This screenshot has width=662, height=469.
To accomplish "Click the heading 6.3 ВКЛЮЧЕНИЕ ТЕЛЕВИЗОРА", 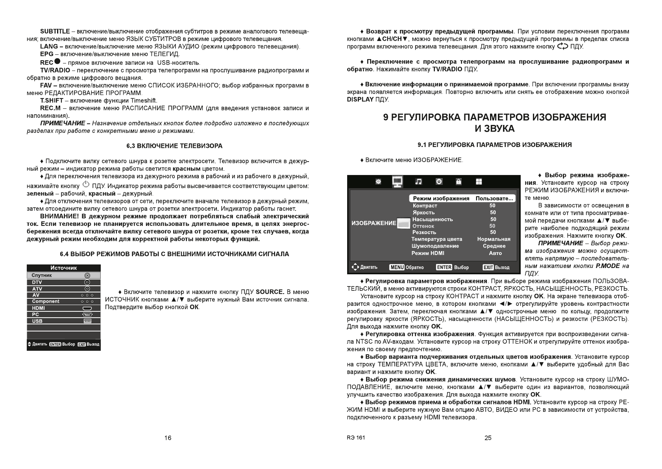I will point(174,146).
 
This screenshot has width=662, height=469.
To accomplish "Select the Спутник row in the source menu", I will point(64,275).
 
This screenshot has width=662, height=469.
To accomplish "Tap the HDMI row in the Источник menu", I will point(64,308).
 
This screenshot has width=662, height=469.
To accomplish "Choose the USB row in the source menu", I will point(64,321).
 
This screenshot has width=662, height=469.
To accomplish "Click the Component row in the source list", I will point(64,301).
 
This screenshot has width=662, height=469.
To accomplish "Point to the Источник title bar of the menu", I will point(64,268).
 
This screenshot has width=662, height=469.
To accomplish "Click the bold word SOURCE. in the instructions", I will point(270,292).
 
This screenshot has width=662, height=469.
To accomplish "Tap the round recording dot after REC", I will point(57,62).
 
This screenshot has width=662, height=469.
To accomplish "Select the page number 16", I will point(168,438).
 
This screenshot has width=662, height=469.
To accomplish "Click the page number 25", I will point(488,438).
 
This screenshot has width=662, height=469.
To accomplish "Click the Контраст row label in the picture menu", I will point(425,206).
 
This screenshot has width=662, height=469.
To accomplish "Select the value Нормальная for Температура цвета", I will point(494,239).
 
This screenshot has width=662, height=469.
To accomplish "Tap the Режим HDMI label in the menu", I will point(428,253).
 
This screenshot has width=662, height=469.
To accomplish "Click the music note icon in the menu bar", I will point(418,182).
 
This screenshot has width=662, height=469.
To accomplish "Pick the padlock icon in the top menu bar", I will point(459,182).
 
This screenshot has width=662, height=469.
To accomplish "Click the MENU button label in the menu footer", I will point(397,267).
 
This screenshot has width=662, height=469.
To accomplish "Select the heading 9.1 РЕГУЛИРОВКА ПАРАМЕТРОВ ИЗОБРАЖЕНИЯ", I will point(494,145).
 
